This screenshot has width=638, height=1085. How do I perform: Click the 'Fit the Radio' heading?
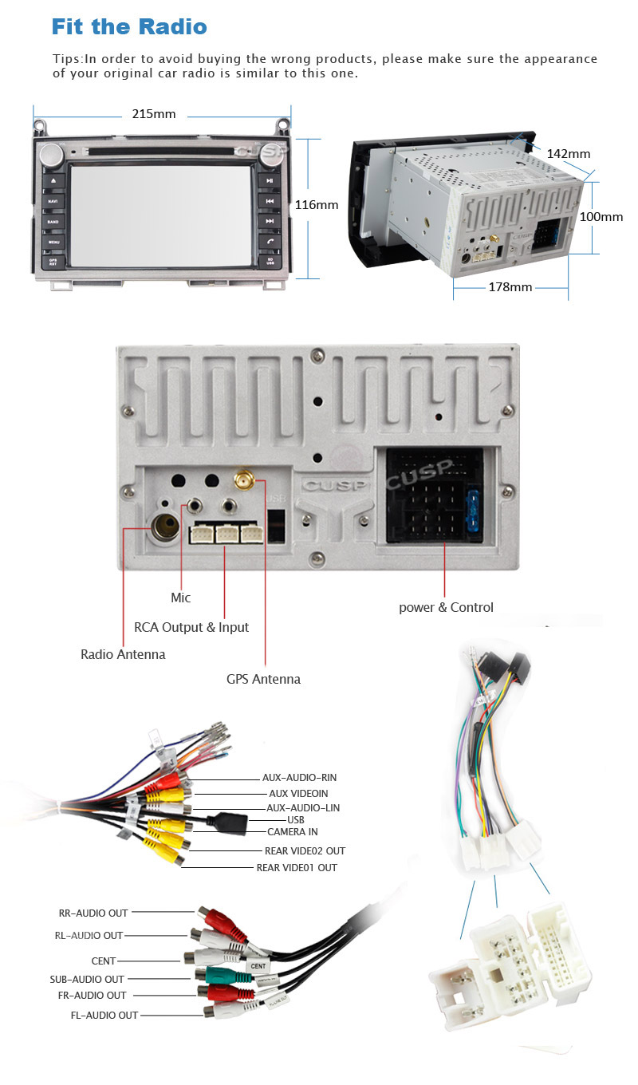129,26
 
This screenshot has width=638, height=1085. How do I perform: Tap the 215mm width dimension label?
153,114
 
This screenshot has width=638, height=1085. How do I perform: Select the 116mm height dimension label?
317,205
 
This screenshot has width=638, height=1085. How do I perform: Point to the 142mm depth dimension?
569,154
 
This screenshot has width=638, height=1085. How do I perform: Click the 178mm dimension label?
510,287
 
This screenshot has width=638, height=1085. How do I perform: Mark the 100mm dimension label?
601,217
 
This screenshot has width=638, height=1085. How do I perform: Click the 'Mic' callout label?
181,598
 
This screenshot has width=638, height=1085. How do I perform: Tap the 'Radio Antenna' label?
123,654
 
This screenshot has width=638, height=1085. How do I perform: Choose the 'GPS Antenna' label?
263,679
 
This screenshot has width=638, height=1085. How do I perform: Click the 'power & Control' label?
446,607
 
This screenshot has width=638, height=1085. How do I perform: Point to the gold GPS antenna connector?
242,480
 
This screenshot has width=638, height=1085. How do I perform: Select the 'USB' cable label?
296,819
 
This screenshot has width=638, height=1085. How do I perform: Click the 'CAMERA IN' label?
293,832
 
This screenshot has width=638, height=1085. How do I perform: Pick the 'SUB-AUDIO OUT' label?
87,979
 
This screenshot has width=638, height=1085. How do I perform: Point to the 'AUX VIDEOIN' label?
298,794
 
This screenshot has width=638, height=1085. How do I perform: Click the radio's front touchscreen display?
162,215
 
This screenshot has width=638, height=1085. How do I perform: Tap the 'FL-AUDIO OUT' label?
104,1015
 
